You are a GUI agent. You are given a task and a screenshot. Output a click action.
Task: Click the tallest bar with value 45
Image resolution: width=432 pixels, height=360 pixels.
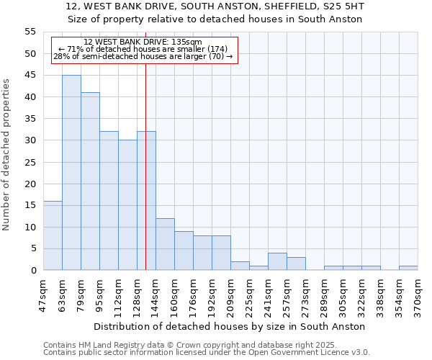[71, 173]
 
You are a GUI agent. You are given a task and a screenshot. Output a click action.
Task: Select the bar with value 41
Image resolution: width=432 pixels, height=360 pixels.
[90, 181]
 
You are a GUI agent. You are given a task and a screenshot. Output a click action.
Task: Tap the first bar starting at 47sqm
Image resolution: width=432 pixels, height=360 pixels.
[53, 235]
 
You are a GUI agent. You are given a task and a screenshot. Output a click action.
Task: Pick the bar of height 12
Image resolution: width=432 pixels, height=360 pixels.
[165, 244]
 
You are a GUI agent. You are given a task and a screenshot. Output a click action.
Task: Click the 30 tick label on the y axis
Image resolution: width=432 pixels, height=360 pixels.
[30, 140]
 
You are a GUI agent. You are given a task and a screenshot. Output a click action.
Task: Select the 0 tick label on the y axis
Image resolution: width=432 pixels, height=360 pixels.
[32, 271]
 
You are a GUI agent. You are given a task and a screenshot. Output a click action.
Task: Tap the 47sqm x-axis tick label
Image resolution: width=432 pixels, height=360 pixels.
[44, 292]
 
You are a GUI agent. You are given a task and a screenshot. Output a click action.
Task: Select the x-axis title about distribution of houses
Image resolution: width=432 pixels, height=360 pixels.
[229, 326]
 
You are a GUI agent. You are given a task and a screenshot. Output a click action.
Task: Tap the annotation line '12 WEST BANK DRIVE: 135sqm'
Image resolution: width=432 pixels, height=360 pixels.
[143, 42]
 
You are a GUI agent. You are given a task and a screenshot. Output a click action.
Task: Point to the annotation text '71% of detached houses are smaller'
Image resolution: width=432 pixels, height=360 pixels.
[143, 49]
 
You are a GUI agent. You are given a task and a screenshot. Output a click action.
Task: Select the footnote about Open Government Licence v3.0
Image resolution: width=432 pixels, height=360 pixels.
[207, 353]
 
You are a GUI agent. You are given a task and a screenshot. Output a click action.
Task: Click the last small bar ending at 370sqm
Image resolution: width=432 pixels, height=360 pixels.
[408, 269]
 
